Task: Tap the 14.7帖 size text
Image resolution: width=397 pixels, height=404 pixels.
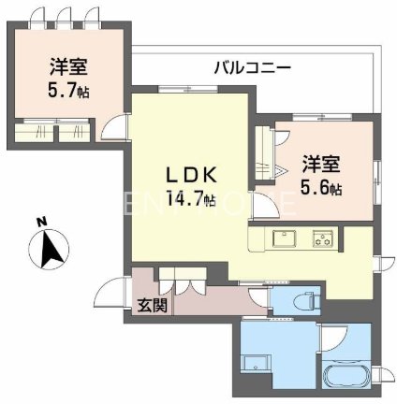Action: (x=192, y=199)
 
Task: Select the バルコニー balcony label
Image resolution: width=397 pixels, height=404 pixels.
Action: (x=251, y=67)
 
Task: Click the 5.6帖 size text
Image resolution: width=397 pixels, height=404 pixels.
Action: (x=320, y=188)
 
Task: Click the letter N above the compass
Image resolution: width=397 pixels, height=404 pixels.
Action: (x=41, y=223)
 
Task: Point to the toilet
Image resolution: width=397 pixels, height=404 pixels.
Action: (x=303, y=301)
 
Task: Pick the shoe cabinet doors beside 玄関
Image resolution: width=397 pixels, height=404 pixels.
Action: (x=177, y=282)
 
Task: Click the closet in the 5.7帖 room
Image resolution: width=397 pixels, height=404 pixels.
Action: (x=57, y=132)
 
